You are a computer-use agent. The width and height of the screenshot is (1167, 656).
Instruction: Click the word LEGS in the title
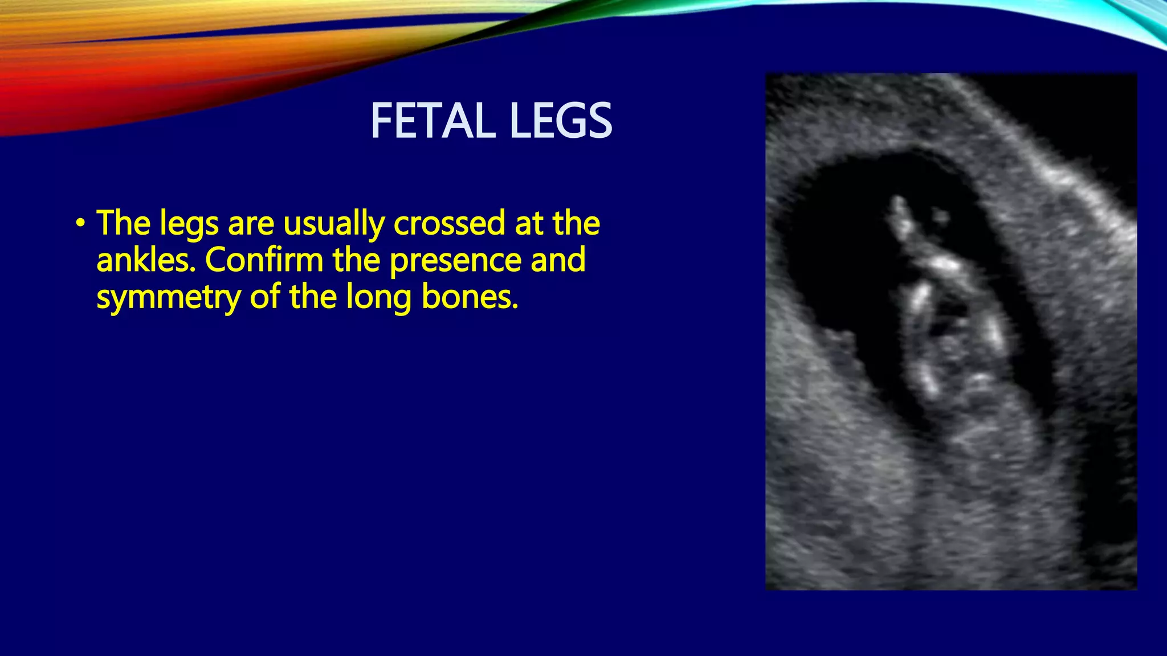tap(561, 121)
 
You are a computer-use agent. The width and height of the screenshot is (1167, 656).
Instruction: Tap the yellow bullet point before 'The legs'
tap(80, 223)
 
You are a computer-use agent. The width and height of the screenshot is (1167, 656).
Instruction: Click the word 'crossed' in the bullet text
tap(449, 223)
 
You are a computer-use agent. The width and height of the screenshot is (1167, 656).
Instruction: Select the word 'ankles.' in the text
tap(146, 260)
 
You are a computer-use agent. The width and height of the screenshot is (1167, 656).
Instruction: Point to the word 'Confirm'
tap(264, 260)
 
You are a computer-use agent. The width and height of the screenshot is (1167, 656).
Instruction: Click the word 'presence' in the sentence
tap(455, 260)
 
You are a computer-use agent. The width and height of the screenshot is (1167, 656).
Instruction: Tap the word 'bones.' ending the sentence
tap(470, 297)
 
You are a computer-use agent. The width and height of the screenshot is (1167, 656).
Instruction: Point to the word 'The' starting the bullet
tap(124, 223)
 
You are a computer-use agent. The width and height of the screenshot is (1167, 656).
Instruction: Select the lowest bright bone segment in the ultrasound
tap(929, 382)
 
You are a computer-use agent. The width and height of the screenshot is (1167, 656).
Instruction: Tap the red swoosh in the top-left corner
tap(68, 97)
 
